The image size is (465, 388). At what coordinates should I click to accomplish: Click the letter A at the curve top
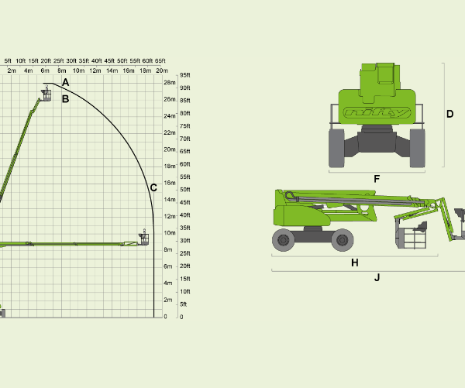[x=66, y=82]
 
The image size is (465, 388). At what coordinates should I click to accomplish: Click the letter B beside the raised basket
[x=66, y=98]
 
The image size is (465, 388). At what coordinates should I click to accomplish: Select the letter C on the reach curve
[x=153, y=187]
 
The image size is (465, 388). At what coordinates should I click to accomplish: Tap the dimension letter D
[x=449, y=114]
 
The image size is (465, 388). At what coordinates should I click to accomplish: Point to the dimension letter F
[x=377, y=179]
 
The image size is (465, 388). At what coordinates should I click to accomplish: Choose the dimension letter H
[x=355, y=263]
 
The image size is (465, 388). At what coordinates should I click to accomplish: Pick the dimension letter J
[x=377, y=278]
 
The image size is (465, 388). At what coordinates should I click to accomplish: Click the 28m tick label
[x=170, y=82]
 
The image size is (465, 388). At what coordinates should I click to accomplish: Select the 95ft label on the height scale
[x=185, y=75]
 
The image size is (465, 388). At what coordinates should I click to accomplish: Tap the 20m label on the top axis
[x=162, y=70]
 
